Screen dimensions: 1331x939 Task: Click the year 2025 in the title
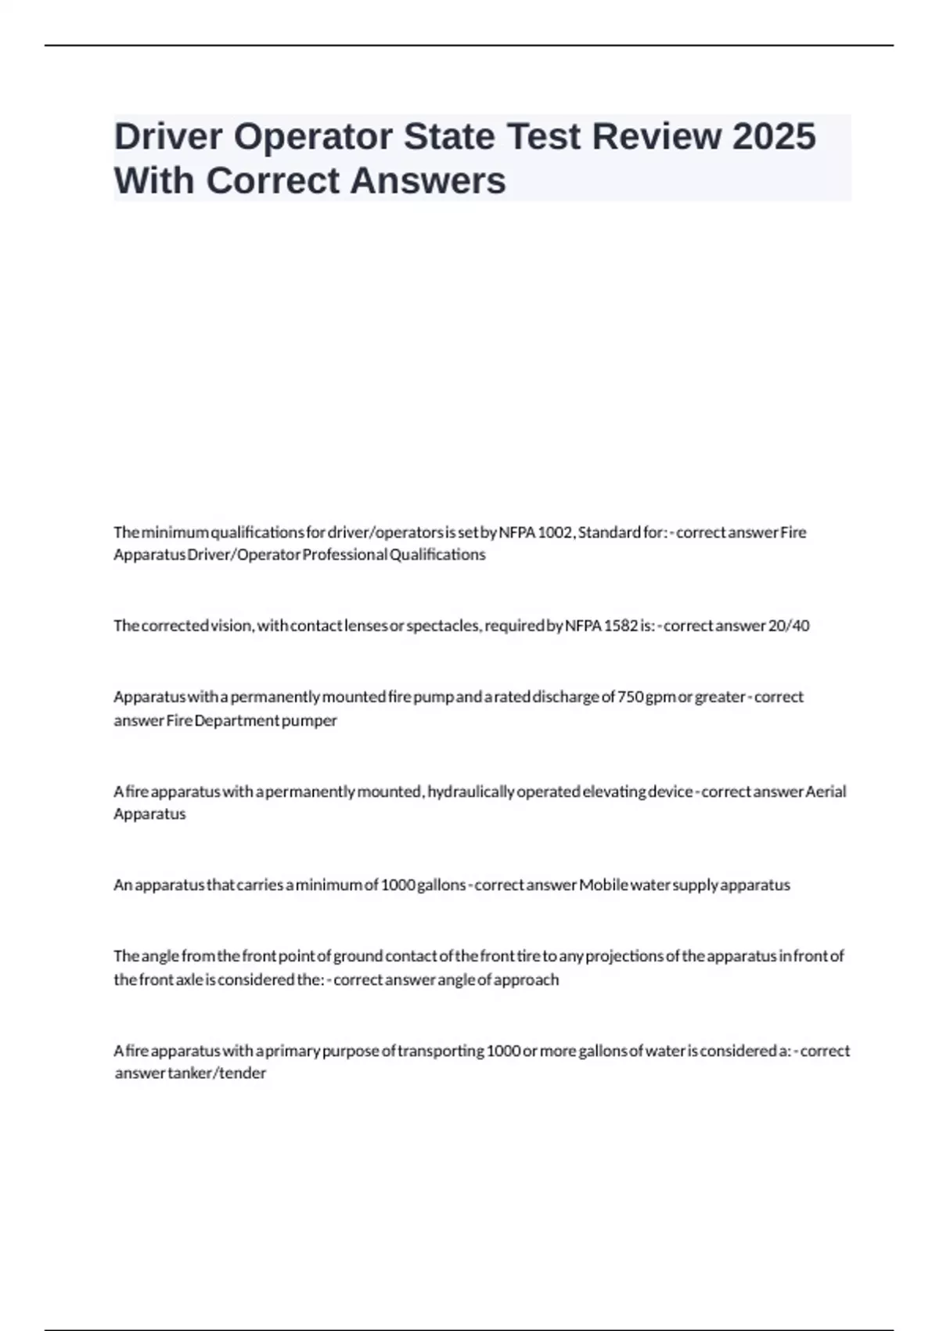(774, 136)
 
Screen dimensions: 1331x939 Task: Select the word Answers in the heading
(428, 181)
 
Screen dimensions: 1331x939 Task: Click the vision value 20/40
(790, 626)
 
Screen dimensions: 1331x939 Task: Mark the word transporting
(441, 1051)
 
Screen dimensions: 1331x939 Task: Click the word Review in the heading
(657, 136)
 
